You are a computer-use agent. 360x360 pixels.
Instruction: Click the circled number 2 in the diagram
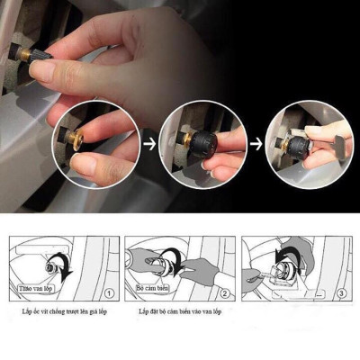224,293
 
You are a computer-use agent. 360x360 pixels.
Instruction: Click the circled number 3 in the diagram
340,293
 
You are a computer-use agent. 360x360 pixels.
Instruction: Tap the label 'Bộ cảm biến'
152,288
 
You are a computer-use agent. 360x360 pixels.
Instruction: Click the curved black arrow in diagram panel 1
64,266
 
